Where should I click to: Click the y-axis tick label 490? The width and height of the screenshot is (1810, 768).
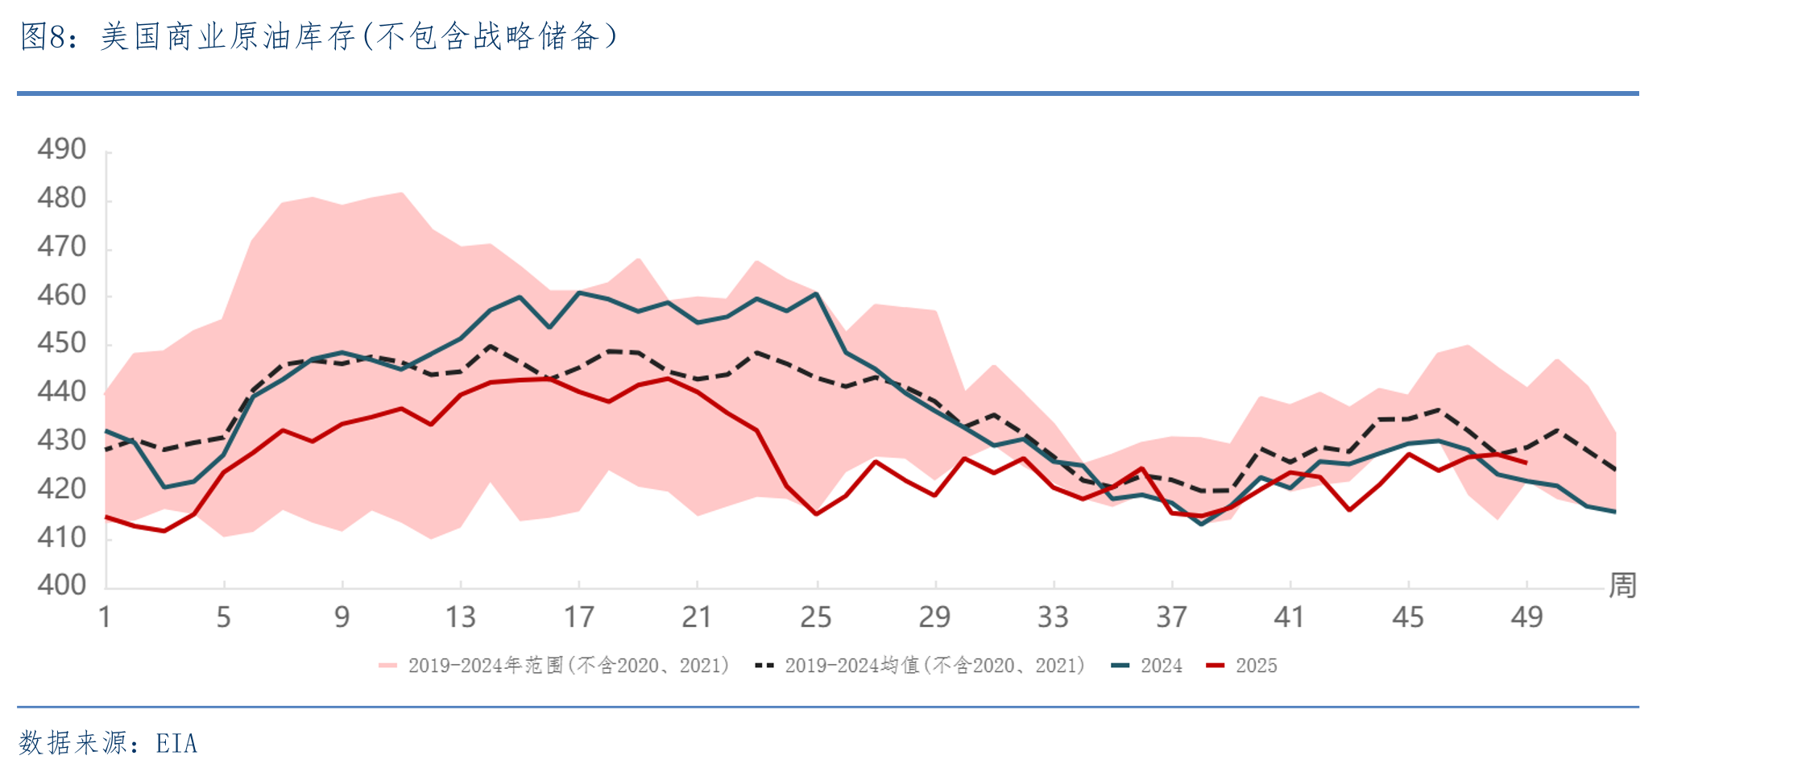pyautogui.click(x=61, y=149)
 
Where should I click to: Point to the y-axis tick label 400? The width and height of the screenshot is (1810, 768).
pyautogui.click(x=61, y=584)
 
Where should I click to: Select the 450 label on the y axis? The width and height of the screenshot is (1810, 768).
pyautogui.click(x=61, y=342)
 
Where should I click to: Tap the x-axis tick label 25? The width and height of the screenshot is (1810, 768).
pyautogui.click(x=816, y=617)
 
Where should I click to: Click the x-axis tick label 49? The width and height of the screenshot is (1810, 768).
pyautogui.click(x=1526, y=617)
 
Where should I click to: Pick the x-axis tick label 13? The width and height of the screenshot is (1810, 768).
pyautogui.click(x=461, y=617)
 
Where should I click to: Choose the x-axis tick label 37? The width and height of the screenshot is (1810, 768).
pyautogui.click(x=1171, y=617)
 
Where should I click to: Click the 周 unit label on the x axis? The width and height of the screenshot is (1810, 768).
pyautogui.click(x=1622, y=585)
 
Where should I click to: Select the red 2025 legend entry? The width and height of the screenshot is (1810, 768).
pyautogui.click(x=1241, y=666)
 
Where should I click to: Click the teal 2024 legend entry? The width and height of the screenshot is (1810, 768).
pyautogui.click(x=1146, y=666)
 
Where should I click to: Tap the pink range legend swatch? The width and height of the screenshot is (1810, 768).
pyautogui.click(x=387, y=666)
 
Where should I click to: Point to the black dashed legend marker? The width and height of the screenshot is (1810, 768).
pyautogui.click(x=764, y=666)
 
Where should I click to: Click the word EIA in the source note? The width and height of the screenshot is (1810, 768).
pyautogui.click(x=176, y=743)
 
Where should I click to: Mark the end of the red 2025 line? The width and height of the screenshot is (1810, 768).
pyautogui.click(x=1526, y=463)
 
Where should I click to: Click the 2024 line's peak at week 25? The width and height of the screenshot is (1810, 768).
pyautogui.click(x=817, y=293)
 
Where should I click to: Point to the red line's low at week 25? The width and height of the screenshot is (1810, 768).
pyautogui.click(x=817, y=513)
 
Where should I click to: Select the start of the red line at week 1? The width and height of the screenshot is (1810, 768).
pyautogui.click(x=106, y=517)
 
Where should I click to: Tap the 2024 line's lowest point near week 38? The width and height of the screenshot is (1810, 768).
pyautogui.click(x=1202, y=524)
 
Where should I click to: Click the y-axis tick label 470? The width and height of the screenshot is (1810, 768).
pyautogui.click(x=61, y=246)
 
